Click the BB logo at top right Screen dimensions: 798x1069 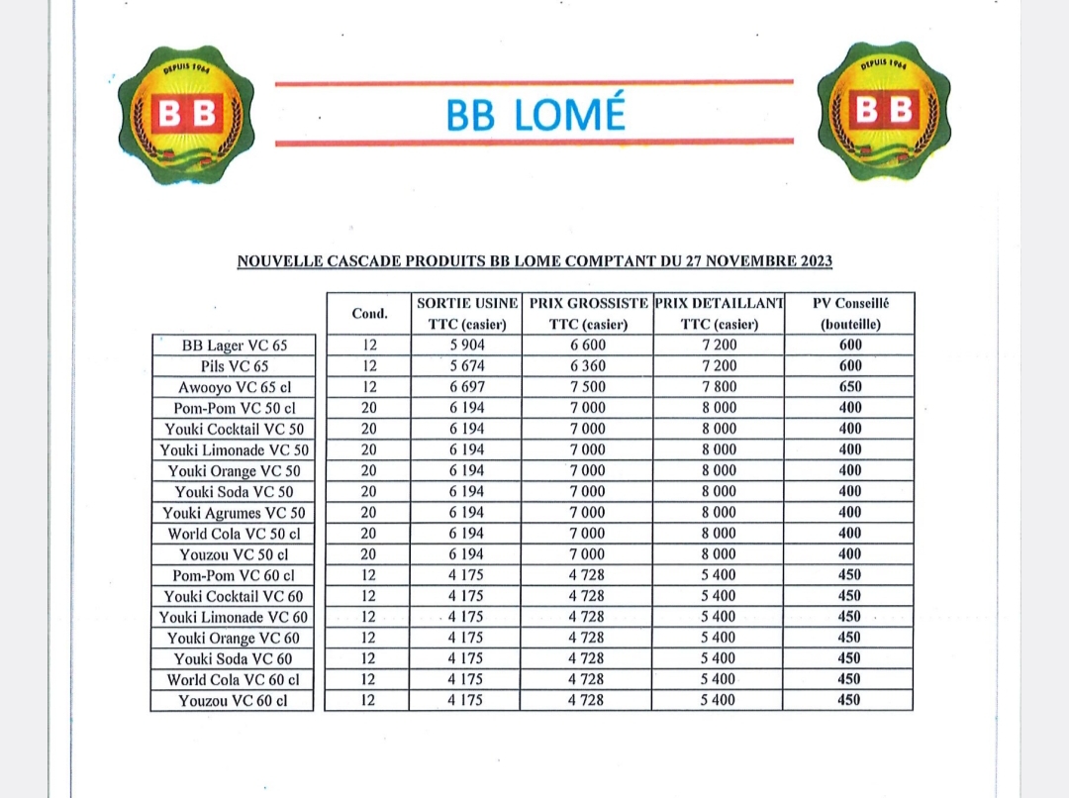pos(884,111)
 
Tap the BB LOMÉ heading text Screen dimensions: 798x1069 pos(535,115)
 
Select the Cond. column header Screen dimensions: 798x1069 pos(369,313)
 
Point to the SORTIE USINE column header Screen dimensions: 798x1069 pos(467,303)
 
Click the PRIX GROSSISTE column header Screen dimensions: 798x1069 pos(588,303)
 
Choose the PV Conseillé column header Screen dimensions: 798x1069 pos(849,303)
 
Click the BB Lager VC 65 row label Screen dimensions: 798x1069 pos(234,346)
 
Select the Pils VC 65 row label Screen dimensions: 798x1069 pos(234,366)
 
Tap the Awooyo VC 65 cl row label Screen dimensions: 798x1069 pos(234,387)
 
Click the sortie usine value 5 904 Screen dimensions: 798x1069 pos(466,346)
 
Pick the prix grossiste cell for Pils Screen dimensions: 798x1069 pos(587,366)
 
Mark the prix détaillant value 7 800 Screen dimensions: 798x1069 pos(719,387)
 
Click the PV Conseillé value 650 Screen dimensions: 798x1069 pos(849,387)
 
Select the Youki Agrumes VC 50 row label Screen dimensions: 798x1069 pos(234,513)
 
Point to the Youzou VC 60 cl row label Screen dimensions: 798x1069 pos(234,701)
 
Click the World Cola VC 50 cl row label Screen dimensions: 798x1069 pos(234,534)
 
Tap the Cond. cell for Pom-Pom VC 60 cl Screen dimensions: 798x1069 pos(368,575)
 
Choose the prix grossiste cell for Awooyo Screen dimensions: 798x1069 pos(587,387)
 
